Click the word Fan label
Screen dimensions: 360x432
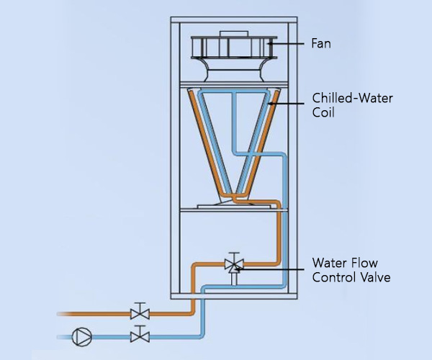[321, 44]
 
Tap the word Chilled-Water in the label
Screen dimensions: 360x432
[342, 97]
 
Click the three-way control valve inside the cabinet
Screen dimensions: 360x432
[233, 264]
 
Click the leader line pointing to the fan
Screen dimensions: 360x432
[288, 44]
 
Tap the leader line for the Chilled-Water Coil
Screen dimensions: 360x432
[288, 104]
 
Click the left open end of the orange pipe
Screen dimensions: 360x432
[59, 313]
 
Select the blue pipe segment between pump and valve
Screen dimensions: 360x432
[108, 336]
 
